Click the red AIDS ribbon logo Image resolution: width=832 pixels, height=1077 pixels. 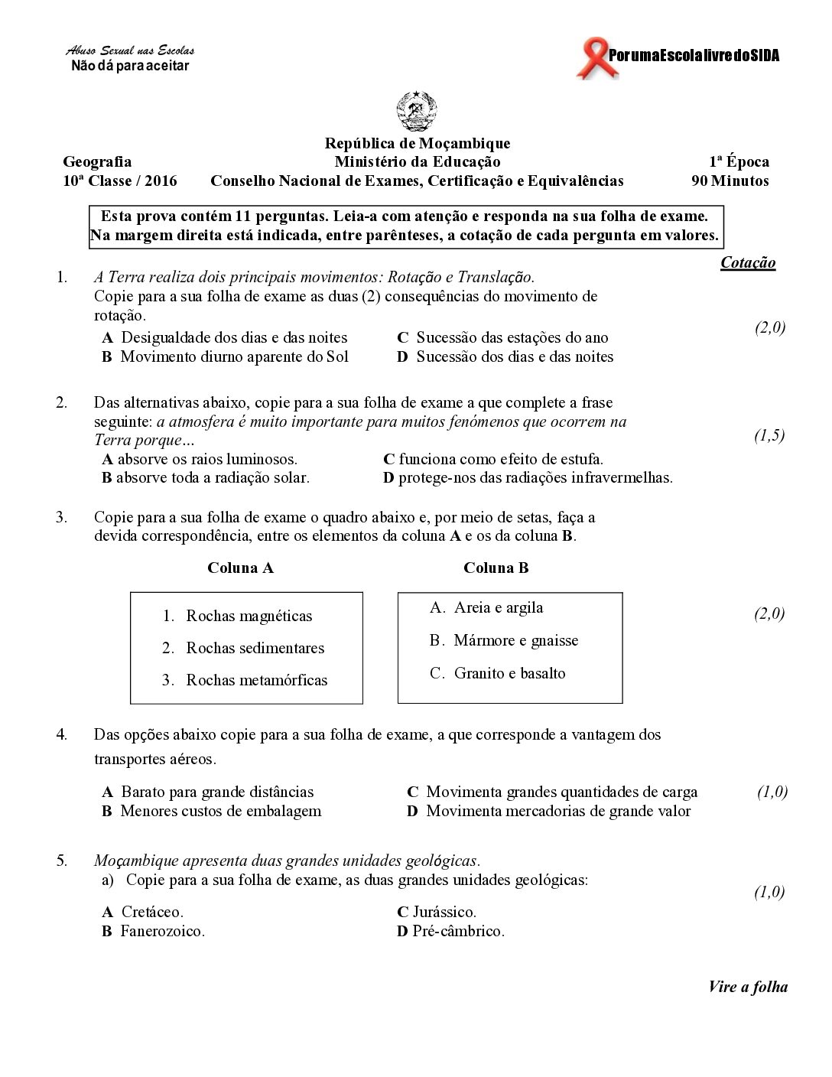pyautogui.click(x=590, y=60)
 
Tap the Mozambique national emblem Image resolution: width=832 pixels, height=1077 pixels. pyautogui.click(x=417, y=112)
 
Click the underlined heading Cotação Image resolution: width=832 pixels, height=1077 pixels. pyautogui.click(x=748, y=262)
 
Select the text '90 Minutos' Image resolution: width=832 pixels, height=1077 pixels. pyautogui.click(x=730, y=181)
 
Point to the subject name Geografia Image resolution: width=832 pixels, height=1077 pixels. pyautogui.click(x=97, y=161)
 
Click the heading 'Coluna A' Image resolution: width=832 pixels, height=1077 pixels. pyautogui.click(x=240, y=568)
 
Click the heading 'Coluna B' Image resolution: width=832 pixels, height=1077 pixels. pyautogui.click(x=496, y=568)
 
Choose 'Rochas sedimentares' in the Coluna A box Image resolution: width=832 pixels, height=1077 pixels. pyautogui.click(x=255, y=648)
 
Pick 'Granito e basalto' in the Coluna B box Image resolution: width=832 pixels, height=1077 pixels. pyautogui.click(x=509, y=673)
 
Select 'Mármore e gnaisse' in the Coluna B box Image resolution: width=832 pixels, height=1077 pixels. pyautogui.click(x=515, y=640)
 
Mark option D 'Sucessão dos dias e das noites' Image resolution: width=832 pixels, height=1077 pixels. pyautogui.click(x=514, y=356)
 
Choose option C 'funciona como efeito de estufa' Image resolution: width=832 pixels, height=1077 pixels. pyautogui.click(x=500, y=459)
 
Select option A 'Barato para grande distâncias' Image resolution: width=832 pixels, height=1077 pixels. pyautogui.click(x=216, y=792)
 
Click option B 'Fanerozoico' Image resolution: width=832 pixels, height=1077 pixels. pyautogui.click(x=161, y=931)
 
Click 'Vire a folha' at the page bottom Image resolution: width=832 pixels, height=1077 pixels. pyautogui.click(x=747, y=986)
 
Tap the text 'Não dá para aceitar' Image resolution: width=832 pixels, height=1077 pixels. pyautogui.click(x=130, y=66)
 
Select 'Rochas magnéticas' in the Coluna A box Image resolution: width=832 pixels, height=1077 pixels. pyautogui.click(x=249, y=616)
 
